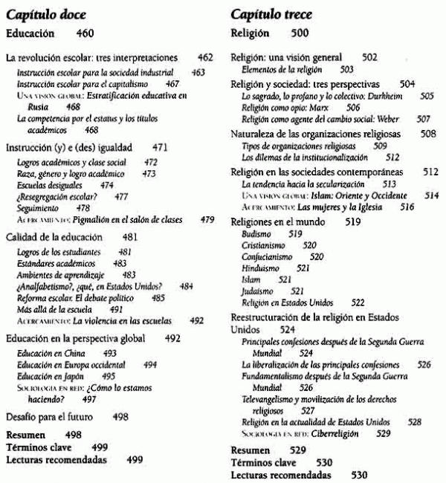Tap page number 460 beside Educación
[x=85, y=33]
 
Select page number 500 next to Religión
[x=299, y=33]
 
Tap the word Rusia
[x=27, y=106]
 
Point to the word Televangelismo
[x=271, y=400]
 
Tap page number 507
[x=423, y=118]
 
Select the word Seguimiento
[x=37, y=209]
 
